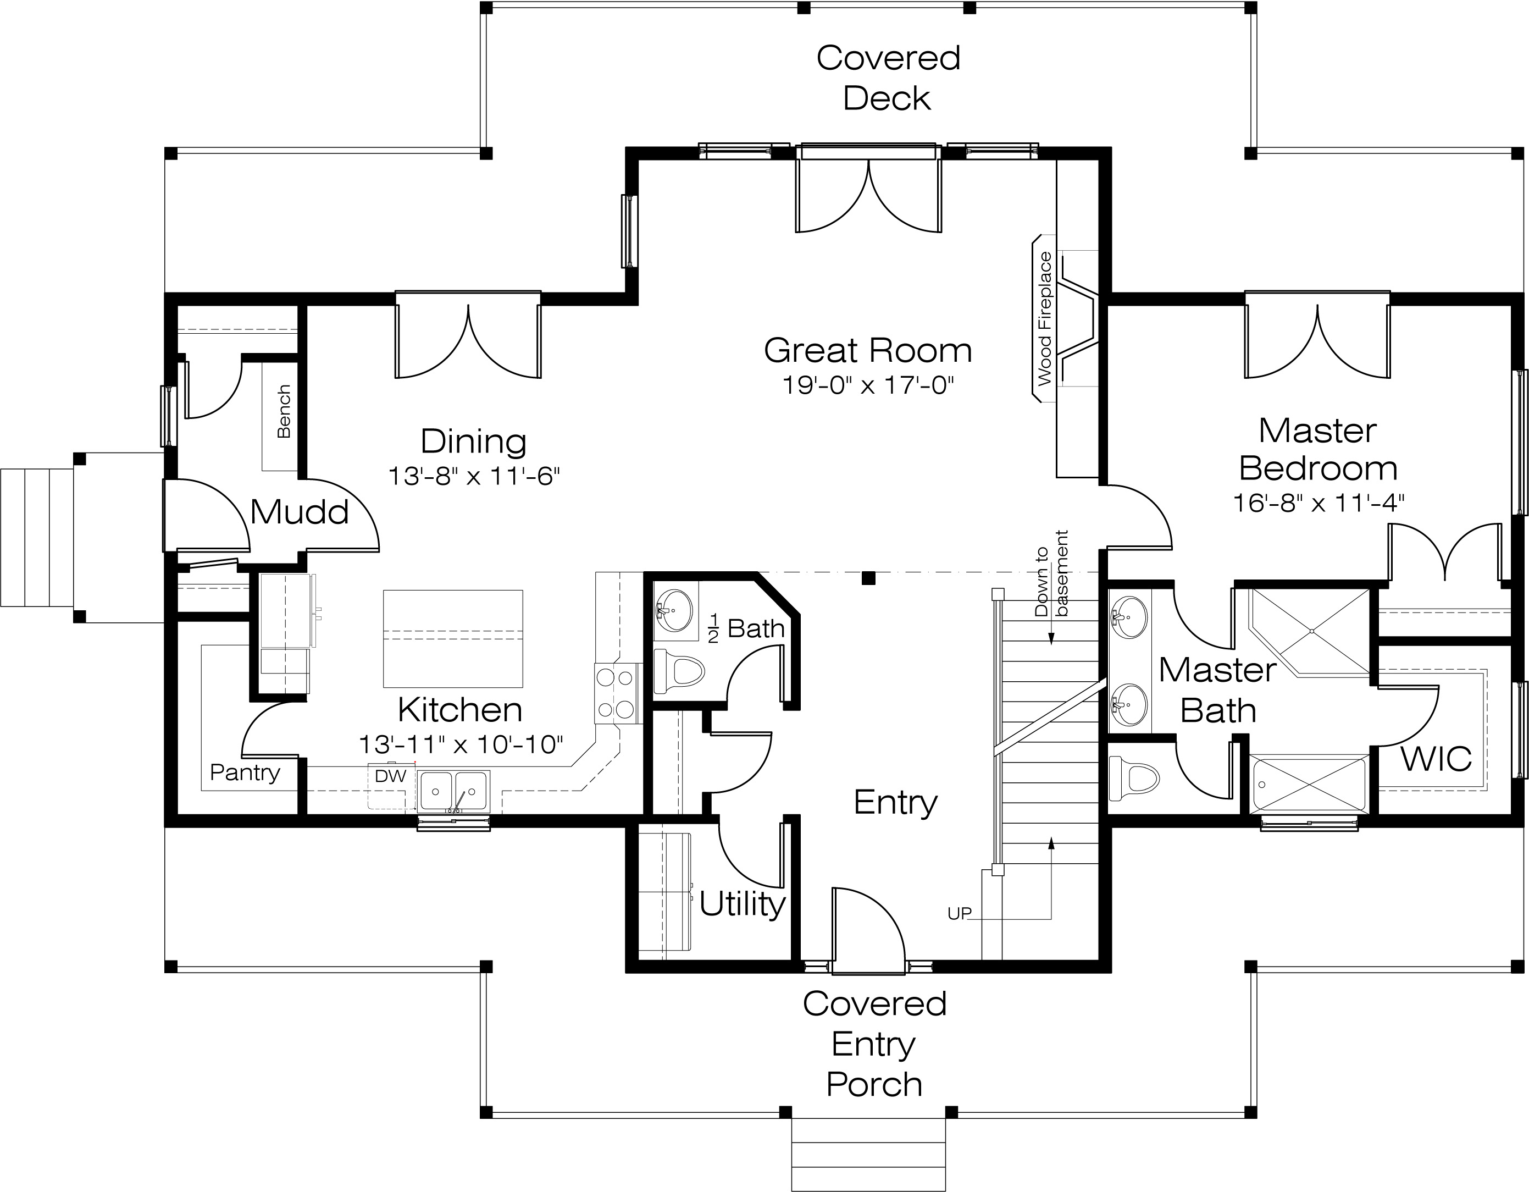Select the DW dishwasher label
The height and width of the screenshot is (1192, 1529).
(x=391, y=775)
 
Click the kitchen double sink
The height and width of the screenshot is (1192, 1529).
(x=453, y=791)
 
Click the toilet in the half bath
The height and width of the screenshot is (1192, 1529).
(x=678, y=671)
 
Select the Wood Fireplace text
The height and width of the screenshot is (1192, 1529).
(x=1045, y=319)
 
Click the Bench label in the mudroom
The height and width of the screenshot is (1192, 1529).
(x=284, y=412)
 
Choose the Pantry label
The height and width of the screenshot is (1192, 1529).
(x=245, y=772)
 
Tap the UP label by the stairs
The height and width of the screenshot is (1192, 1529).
(x=959, y=913)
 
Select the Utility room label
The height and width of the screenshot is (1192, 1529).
(x=742, y=904)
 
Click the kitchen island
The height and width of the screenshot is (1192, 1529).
(x=453, y=638)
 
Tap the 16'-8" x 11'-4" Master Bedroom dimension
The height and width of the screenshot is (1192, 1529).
(x=1319, y=503)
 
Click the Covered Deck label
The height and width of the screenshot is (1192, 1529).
(x=888, y=78)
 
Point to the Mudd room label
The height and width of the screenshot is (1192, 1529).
(x=299, y=511)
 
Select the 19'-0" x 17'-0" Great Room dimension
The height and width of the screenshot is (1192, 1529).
(x=868, y=385)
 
